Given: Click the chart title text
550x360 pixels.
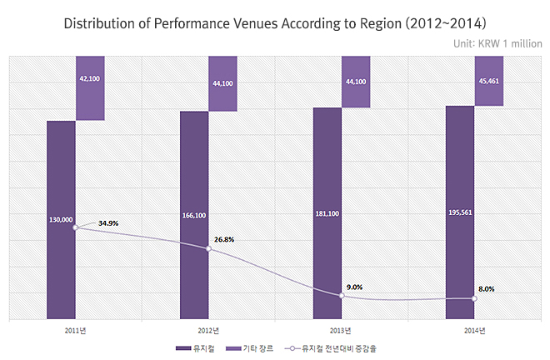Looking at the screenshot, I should click(x=275, y=22).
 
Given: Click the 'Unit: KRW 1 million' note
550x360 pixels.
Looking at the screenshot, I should click(x=497, y=44).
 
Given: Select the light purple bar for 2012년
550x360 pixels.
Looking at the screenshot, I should click(x=223, y=83).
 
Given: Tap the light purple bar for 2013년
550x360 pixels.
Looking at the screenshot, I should click(x=356, y=82).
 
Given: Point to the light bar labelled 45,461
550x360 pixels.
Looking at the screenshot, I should click(x=489, y=81).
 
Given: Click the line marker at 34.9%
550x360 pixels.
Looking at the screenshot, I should click(x=76, y=227).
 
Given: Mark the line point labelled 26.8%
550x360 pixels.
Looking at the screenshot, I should click(x=208, y=248).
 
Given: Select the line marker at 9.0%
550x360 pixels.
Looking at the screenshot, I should click(x=342, y=295).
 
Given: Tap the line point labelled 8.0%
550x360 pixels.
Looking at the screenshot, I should click(x=474, y=298).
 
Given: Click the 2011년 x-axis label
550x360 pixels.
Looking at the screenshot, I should click(x=76, y=330).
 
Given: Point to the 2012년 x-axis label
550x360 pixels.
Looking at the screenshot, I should click(x=208, y=330).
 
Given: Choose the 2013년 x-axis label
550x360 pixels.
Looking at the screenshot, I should click(x=342, y=330).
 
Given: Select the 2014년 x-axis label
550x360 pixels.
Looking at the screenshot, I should click(x=474, y=330).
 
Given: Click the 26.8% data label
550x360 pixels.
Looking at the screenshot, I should click(x=223, y=239).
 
